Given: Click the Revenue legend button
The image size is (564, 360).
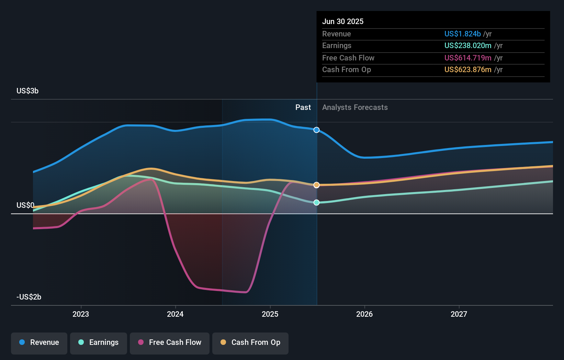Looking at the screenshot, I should pos(39,342).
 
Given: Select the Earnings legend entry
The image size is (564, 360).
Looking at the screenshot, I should pos(99,342).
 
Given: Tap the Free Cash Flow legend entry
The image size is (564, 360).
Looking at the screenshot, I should pos(170,342).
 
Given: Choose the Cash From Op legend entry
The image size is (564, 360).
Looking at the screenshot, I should pos(250,342).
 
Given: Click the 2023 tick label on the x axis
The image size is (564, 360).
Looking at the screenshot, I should pos(81,314).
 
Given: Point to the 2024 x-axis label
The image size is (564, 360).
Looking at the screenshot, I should pos(175,314).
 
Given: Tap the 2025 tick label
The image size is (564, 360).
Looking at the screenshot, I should pos(270,314).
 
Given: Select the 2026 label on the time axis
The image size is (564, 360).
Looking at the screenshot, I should pos(364,314).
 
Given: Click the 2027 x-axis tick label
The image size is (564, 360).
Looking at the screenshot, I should pos(459,314).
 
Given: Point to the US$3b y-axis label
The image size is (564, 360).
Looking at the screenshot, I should pos(27,91).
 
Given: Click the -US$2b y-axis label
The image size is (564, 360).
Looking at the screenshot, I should pos(29,297).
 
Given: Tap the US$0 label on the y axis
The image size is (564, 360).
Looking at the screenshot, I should pos(25,205).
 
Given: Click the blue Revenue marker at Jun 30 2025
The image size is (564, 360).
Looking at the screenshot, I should pos(317,130).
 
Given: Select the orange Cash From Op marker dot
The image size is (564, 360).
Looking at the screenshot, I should pos(317,185).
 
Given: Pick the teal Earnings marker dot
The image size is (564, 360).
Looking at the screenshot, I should pos(317,203).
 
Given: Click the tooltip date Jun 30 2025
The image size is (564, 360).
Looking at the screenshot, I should pos(343,22).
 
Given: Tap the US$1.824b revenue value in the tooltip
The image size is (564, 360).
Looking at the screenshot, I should pos(462,34).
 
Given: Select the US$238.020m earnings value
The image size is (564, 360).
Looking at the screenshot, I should pos(467,46).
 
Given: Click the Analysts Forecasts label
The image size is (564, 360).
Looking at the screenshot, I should pos(355,108).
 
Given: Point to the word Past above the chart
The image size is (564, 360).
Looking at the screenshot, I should pos(303,108).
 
